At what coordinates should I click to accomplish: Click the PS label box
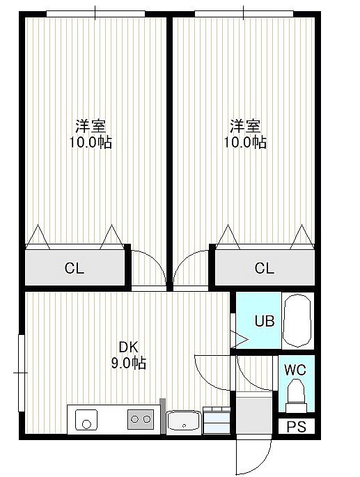(x=297, y=426)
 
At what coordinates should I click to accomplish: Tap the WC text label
(x=295, y=370)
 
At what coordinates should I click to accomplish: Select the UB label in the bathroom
(x=265, y=320)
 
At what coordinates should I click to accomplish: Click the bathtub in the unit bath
(x=297, y=320)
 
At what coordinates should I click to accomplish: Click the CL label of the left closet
(x=75, y=268)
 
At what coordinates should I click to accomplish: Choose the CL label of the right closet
(x=264, y=268)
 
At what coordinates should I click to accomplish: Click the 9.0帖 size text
(x=128, y=363)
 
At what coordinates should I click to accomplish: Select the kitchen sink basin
(x=86, y=420)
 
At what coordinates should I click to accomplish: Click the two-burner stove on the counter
(x=141, y=419)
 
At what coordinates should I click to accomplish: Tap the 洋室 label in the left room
(x=91, y=126)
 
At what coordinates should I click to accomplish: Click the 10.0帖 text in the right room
(x=245, y=142)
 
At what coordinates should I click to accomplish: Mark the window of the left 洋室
(x=95, y=14)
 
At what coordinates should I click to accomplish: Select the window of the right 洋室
(x=244, y=14)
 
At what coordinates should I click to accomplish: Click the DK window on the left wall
(x=22, y=373)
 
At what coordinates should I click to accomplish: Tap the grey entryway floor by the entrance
(x=254, y=414)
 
